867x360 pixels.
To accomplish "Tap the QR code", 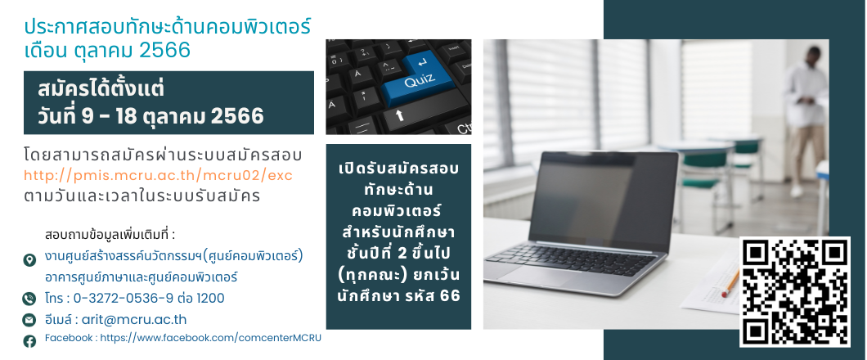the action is tap(795, 292).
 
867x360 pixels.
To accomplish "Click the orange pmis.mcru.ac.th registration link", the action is tap(158, 176).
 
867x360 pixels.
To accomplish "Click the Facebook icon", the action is tap(29, 340).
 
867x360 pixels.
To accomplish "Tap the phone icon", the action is tap(29, 299).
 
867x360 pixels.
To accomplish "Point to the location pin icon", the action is tap(29, 260).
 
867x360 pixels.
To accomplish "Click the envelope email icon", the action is tap(29, 320).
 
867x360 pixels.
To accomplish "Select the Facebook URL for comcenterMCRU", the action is tap(211, 338).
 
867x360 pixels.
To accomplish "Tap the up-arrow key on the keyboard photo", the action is tap(398, 115).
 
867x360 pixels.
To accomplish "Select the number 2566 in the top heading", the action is tap(164, 51).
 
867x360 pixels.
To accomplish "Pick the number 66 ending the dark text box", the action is tap(450, 296).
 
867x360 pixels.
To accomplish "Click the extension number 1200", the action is tap(210, 299).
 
